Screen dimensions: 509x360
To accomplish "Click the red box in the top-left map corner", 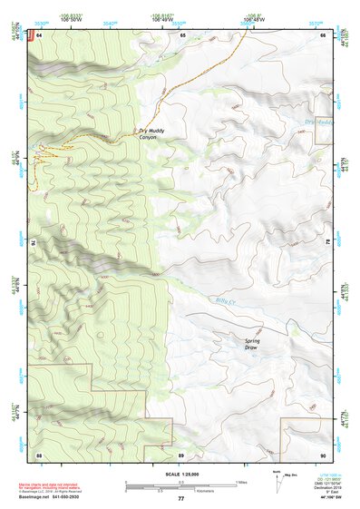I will click(30, 35).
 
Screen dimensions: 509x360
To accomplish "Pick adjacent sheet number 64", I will click(39, 34).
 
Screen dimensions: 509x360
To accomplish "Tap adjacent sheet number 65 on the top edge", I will click(181, 34).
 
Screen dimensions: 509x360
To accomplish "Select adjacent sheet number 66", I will click(324, 34).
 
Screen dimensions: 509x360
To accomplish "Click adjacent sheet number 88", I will click(39, 453).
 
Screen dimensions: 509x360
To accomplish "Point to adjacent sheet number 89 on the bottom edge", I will click(181, 453).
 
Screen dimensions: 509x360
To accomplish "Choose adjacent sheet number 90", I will click(323, 453).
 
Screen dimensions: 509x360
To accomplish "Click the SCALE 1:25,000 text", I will click(180, 475).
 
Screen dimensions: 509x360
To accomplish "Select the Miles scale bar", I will click(180, 483).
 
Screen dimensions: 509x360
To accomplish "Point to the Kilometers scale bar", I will click(168, 490).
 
